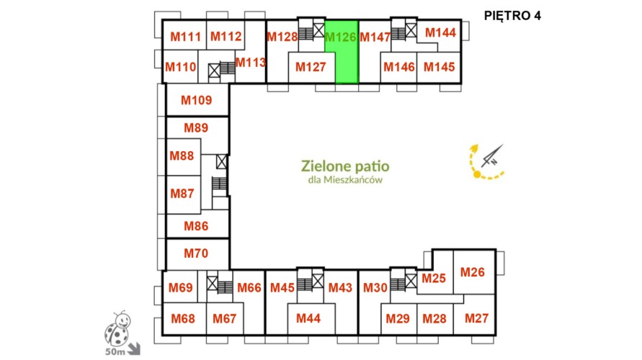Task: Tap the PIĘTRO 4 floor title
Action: coord(512,16)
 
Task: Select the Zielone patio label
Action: coord(345,166)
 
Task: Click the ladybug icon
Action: coord(117,328)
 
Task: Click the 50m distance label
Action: coord(115,351)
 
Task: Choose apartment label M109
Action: coord(197,100)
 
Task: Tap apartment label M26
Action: coord(473,272)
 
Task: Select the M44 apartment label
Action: coord(308,318)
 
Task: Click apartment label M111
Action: coord(185,37)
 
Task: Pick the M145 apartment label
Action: coord(439,67)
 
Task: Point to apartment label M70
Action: coord(196,253)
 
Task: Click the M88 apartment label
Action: coord(182,156)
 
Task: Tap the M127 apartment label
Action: coord(311,67)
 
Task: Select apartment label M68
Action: coord(183,318)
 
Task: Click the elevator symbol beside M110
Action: coord(214,71)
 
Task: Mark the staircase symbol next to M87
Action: coord(220,184)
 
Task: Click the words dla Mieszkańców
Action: coord(345,179)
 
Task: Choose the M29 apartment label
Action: coord(398,318)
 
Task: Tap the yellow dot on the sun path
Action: coord(477,175)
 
